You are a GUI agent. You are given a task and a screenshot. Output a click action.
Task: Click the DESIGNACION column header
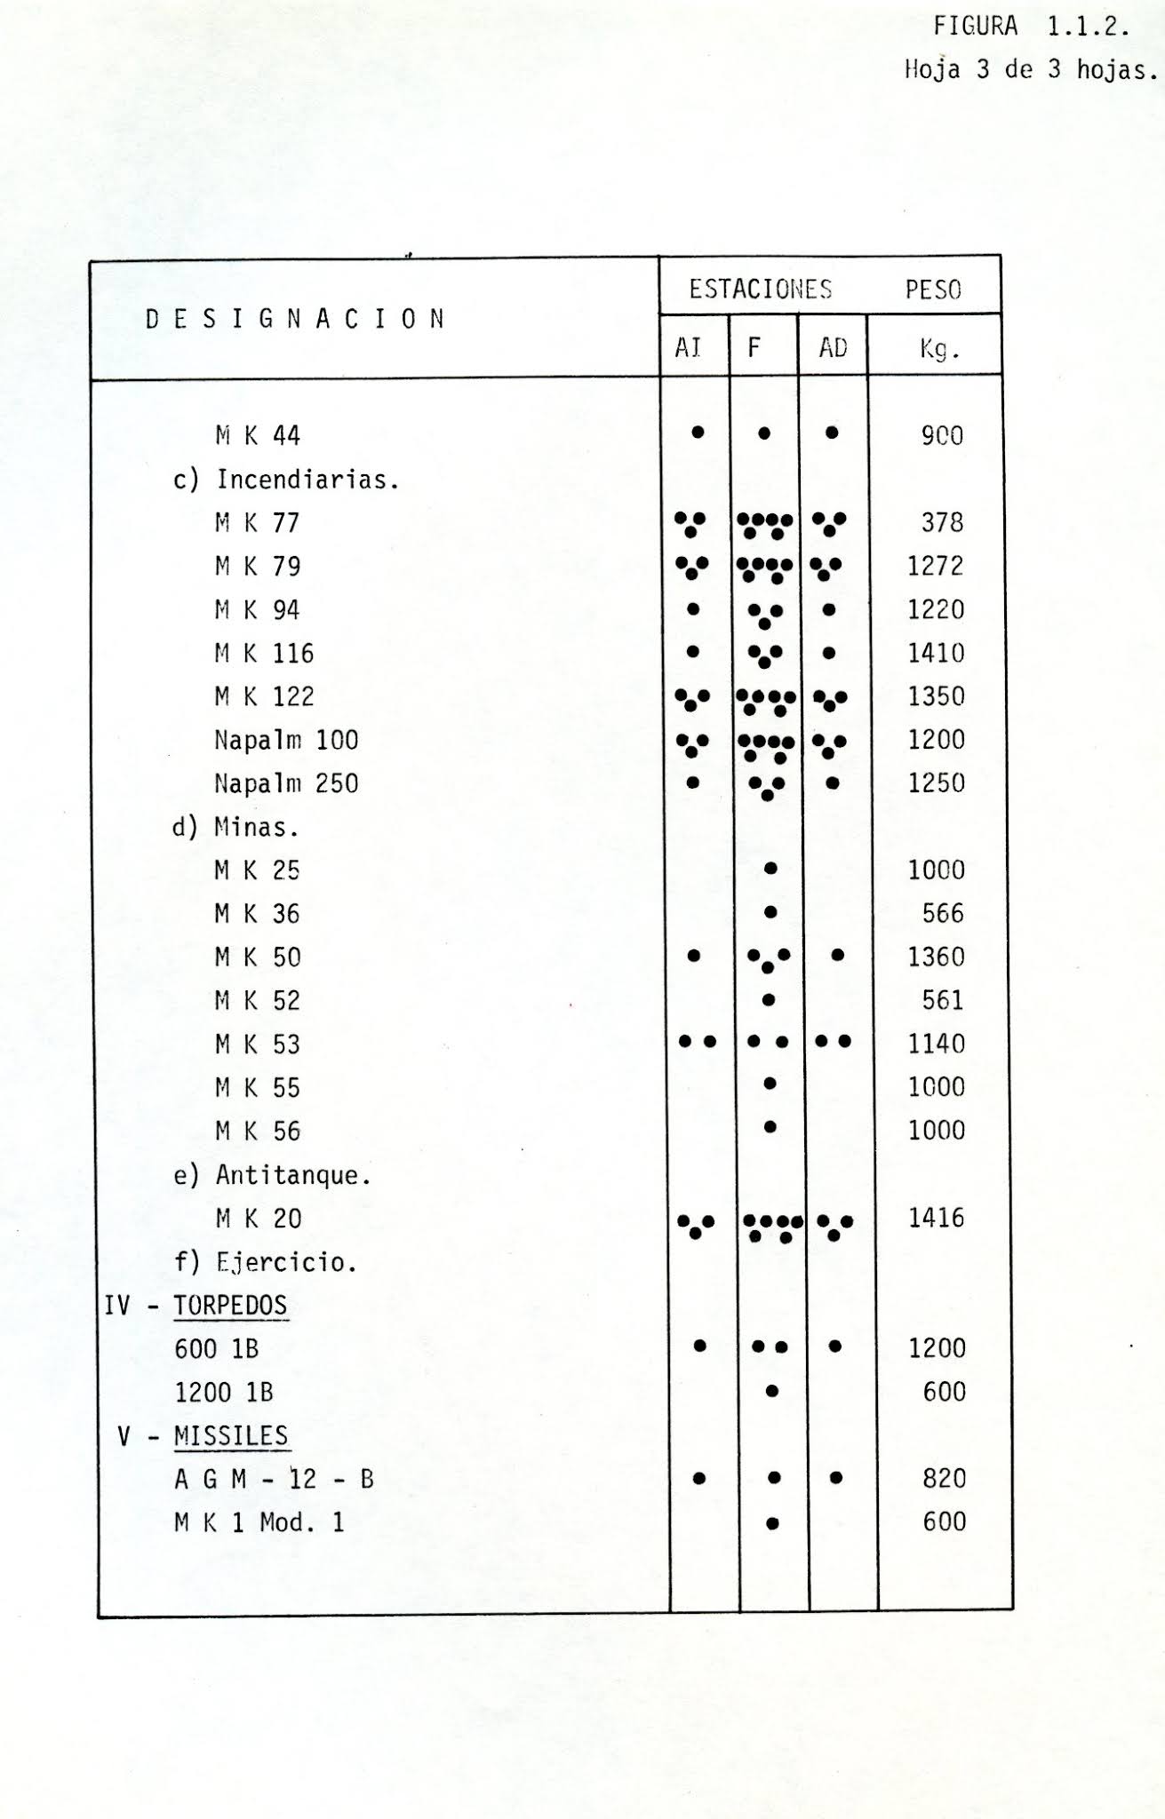[295, 320]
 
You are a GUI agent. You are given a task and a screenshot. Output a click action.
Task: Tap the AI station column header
[689, 347]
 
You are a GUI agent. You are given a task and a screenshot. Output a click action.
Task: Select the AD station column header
[833, 347]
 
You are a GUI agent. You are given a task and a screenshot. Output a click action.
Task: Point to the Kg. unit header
[939, 349]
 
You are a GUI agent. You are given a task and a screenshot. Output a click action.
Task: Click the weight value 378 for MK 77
[942, 522]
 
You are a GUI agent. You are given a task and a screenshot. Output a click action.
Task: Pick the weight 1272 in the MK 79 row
[936, 566]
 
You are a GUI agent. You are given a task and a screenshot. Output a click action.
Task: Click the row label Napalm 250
[286, 783]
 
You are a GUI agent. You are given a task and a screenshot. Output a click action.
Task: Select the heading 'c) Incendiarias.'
[286, 480]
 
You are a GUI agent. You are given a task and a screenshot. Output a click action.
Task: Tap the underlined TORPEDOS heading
[230, 1306]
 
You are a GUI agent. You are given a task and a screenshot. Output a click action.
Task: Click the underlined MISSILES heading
[231, 1436]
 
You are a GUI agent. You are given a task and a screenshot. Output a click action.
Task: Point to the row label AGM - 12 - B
[274, 1480]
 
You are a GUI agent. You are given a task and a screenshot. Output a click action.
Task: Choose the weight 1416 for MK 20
[937, 1218]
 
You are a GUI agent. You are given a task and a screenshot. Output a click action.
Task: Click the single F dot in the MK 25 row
[770, 869]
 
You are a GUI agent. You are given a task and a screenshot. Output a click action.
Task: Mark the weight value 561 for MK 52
[942, 1001]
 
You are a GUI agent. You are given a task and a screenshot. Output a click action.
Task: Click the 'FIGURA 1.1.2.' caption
[1031, 28]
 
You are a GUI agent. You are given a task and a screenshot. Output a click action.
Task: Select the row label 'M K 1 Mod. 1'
[259, 1523]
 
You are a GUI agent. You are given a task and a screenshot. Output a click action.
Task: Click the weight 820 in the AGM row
[944, 1478]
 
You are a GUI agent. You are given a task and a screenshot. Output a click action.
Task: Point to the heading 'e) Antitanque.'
[272, 1175]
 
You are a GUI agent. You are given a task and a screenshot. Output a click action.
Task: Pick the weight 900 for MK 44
[942, 435]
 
